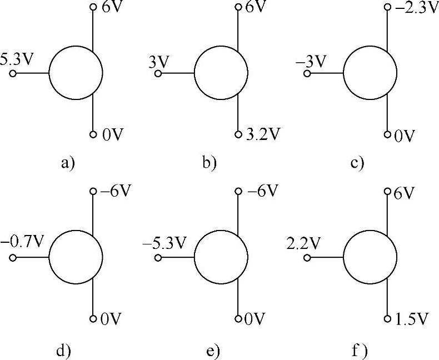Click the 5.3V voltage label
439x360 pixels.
[16, 59]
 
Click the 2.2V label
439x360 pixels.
[303, 243]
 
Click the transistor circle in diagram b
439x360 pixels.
[221, 73]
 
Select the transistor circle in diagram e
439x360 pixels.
[221, 258]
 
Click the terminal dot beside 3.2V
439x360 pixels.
[238, 134]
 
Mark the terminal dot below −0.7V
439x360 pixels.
[12, 258]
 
